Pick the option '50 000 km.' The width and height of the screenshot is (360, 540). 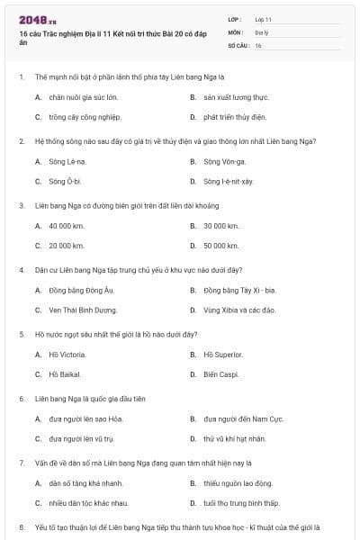point(221,245)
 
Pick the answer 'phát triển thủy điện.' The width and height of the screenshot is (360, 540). point(235,116)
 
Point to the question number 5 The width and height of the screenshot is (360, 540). point(22,334)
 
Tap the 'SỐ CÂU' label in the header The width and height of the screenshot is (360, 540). point(238,44)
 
